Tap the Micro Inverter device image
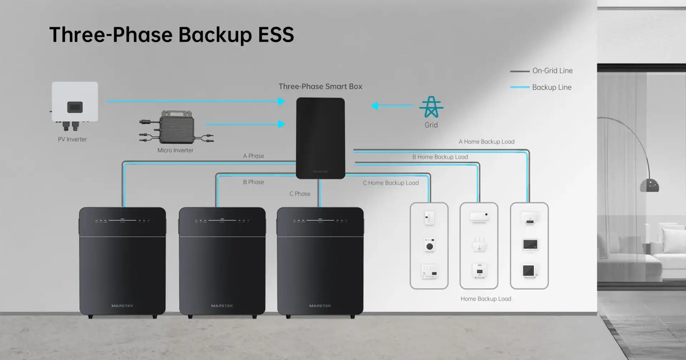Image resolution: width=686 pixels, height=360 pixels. click(x=177, y=127)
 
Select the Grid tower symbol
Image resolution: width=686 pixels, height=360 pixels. click(x=431, y=107)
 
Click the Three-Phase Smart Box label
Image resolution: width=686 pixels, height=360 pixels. click(x=320, y=87)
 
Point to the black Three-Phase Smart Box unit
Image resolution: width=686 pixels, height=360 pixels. click(x=320, y=138)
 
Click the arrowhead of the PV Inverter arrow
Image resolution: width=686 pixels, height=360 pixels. click(x=282, y=101)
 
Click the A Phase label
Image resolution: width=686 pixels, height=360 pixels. click(x=253, y=156)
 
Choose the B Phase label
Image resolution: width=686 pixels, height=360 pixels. click(x=253, y=182)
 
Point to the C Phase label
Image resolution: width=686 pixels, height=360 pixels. click(x=300, y=194)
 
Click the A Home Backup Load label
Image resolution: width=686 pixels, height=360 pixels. click(x=486, y=142)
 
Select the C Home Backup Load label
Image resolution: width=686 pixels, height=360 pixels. click(x=391, y=183)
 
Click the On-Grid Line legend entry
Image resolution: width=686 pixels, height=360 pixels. click(x=552, y=71)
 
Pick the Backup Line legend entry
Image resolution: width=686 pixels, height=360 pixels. click(x=551, y=87)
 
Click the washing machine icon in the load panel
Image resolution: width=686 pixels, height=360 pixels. click(x=429, y=246)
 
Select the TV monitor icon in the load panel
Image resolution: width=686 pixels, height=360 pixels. click(x=530, y=245)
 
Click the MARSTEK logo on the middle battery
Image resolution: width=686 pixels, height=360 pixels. click(x=222, y=306)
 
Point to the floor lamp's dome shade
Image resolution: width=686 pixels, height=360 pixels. click(x=649, y=186)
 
